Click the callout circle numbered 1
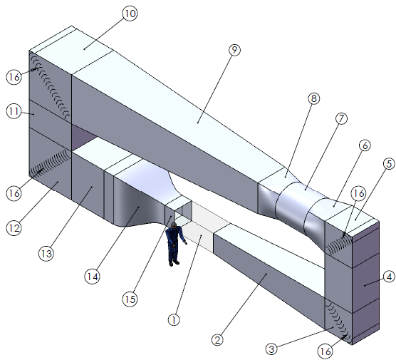[x=172, y=320]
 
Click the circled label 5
[x=387, y=163]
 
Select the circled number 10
[x=129, y=14]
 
